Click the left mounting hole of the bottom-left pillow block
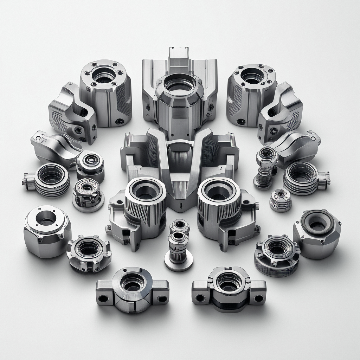tap(103, 298)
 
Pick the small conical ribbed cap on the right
tap(280, 200)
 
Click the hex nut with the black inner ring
tap(317, 233)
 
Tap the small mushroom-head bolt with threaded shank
tap(266, 165)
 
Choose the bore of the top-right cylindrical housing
tap(252, 75)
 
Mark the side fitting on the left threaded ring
tap(28, 180)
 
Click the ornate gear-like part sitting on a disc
tap(88, 194)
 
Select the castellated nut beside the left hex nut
tap(89, 252)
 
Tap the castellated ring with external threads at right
tap(277, 255)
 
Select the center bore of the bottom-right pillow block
tap(229, 282)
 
